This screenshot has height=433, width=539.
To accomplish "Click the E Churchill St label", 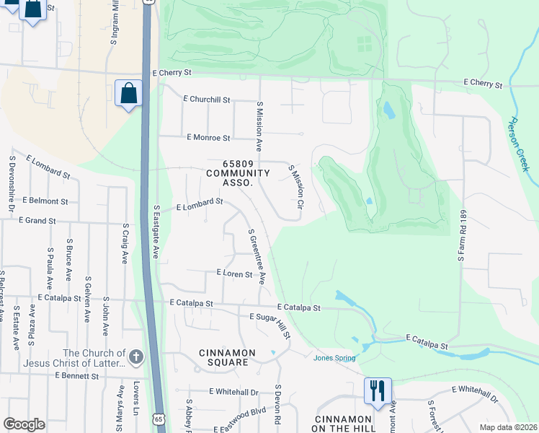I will point(207,99).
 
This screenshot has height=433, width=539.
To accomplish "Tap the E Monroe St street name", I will point(208,137).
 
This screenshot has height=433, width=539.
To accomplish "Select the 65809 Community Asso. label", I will point(238,173).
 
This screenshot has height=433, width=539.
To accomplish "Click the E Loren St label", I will point(235,274).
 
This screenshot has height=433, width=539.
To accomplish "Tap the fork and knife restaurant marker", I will point(378,390).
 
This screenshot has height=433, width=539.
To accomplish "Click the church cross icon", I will point(136,356).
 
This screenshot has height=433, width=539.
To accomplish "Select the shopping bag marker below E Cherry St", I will point(128,93).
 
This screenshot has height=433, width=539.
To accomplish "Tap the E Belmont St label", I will point(45,201).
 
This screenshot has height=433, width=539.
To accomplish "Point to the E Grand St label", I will point(37,219).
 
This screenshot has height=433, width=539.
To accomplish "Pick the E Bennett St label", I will point(76,376).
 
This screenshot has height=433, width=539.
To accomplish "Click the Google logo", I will point(24,424).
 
